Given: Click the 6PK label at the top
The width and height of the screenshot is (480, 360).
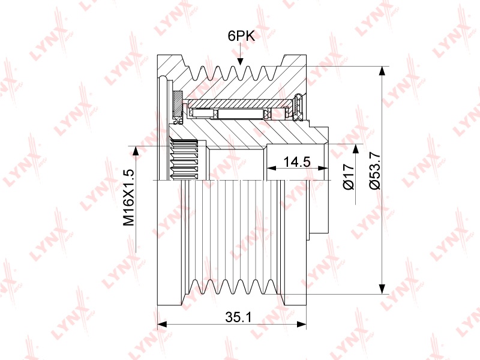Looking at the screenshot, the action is click(x=241, y=36).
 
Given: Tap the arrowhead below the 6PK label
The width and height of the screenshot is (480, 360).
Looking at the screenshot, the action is click(x=241, y=61).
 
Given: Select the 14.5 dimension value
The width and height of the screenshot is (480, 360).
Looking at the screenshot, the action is click(x=297, y=161).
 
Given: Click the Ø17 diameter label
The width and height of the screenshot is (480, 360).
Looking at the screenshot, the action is click(x=349, y=176).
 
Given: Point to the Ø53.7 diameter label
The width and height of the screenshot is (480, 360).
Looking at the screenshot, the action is click(x=375, y=170).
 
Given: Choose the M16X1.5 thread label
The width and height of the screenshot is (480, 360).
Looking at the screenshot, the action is click(x=128, y=197).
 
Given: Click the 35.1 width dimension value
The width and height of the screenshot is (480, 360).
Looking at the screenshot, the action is click(x=238, y=317).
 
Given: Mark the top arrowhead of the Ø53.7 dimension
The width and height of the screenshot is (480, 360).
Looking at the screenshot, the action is click(x=382, y=71).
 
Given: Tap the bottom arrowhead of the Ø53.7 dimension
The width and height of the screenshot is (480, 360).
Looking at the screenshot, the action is click(x=382, y=289).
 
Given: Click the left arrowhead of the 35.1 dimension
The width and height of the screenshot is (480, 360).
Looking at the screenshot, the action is click(x=162, y=324).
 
